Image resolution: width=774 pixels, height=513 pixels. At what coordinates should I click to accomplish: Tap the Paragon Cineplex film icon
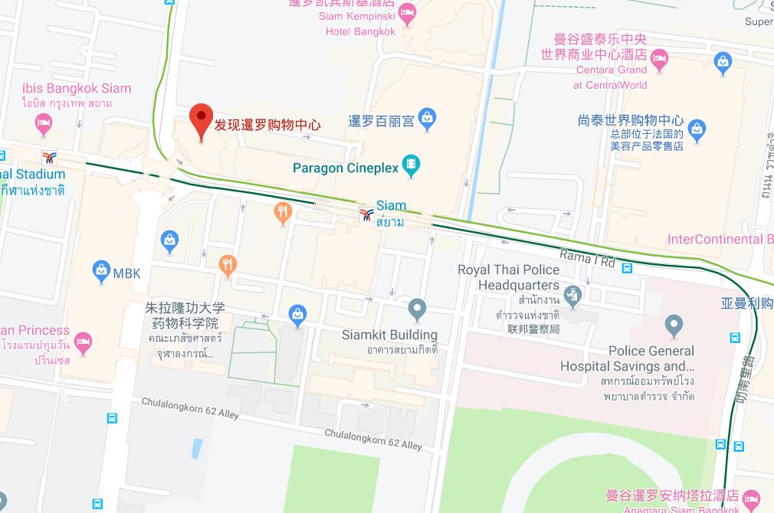tap(412, 165)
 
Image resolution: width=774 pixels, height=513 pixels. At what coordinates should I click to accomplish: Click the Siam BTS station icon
tap(366, 214)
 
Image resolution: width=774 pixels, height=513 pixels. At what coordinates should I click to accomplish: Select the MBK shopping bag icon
tap(100, 270)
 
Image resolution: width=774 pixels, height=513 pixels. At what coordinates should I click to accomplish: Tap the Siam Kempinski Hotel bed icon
tap(407, 11)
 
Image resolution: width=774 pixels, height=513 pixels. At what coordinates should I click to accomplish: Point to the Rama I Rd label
tap(587, 258)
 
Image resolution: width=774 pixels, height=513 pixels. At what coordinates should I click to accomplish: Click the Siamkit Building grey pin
tap(416, 309)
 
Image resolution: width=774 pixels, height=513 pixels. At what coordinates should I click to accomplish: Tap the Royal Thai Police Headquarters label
tap(508, 277)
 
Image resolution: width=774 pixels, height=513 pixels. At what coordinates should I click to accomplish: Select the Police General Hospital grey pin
tap(674, 325)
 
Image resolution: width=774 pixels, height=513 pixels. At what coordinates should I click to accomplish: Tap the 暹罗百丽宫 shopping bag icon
tap(428, 118)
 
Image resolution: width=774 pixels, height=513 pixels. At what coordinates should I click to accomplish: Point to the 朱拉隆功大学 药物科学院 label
tap(185, 315)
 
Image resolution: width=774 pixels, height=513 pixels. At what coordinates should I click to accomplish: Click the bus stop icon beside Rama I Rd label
tap(627, 268)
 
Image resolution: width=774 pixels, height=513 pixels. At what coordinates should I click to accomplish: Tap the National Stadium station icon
tap(51, 158)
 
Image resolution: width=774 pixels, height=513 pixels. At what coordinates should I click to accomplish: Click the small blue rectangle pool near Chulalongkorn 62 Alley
tap(197, 449)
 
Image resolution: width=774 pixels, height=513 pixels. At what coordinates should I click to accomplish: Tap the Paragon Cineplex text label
tap(346, 167)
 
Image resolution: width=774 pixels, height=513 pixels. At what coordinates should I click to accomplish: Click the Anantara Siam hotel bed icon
tap(752, 498)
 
